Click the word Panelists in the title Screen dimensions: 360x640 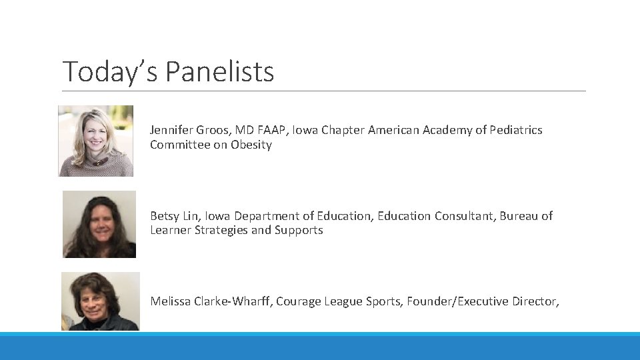tap(219, 72)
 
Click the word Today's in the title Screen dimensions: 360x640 tap(110, 72)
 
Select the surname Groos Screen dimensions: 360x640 tap(210, 130)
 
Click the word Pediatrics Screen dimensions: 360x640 tap(515, 130)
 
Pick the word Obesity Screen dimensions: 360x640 tap(251, 145)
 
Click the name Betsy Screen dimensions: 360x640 tap(164, 216)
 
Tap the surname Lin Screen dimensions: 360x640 tap(192, 216)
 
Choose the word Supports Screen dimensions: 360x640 tap(299, 230)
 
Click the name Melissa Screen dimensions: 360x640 tap(170, 301)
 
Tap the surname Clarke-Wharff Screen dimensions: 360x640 tap(233, 301)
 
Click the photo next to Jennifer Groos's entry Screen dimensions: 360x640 tap(96, 141)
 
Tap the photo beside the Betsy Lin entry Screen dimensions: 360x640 tap(99, 224)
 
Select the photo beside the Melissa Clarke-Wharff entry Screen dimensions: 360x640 tap(101, 301)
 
